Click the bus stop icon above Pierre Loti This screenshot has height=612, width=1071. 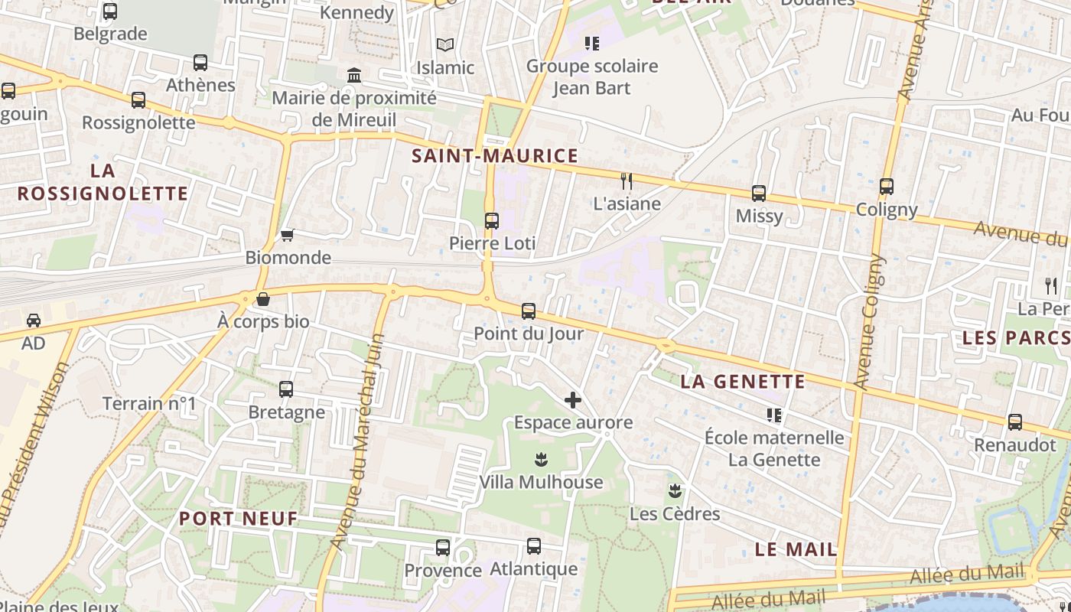[492, 221]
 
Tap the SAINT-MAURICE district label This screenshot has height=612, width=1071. [495, 156]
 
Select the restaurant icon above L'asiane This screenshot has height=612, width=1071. [627, 181]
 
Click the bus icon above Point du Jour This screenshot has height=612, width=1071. [529, 311]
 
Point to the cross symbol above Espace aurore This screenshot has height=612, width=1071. [573, 399]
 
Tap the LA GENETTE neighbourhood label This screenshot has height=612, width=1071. [743, 381]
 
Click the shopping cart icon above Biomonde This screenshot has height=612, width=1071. [288, 235]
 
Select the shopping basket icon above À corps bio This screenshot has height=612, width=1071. [263, 299]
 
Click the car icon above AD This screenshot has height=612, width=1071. [34, 320]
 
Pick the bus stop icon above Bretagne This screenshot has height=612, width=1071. [286, 389]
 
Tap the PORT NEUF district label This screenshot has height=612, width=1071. [238, 518]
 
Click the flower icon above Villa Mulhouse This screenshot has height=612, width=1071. [541, 460]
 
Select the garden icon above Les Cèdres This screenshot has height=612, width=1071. [675, 490]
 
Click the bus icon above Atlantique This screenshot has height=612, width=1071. [534, 546]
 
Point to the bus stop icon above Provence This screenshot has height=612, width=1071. [443, 548]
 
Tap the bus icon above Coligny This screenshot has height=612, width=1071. [887, 186]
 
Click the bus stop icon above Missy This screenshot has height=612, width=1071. [759, 194]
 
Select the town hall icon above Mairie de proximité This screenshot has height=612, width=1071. [354, 75]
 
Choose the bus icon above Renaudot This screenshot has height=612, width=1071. [1015, 422]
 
